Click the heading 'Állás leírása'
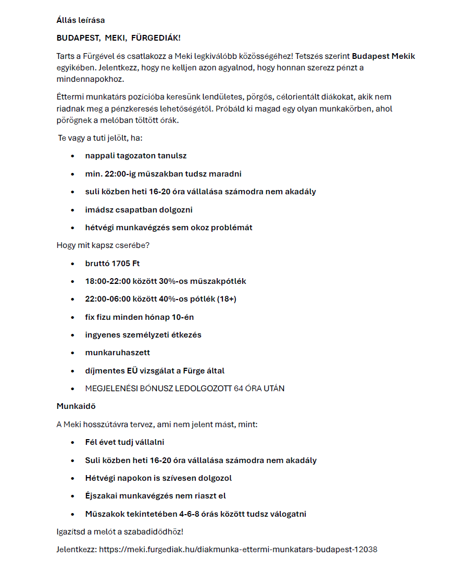(80, 20)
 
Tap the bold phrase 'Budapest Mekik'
(383, 56)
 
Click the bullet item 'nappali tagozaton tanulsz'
(135, 156)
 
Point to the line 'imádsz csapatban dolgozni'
(139, 209)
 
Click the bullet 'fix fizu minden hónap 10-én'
(139, 317)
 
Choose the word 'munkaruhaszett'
(117, 353)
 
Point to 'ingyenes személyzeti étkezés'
(143, 335)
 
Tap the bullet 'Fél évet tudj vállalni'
(124, 442)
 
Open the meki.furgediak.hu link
(238, 550)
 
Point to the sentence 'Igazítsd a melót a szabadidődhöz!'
(120, 532)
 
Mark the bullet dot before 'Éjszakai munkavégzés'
(73, 496)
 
